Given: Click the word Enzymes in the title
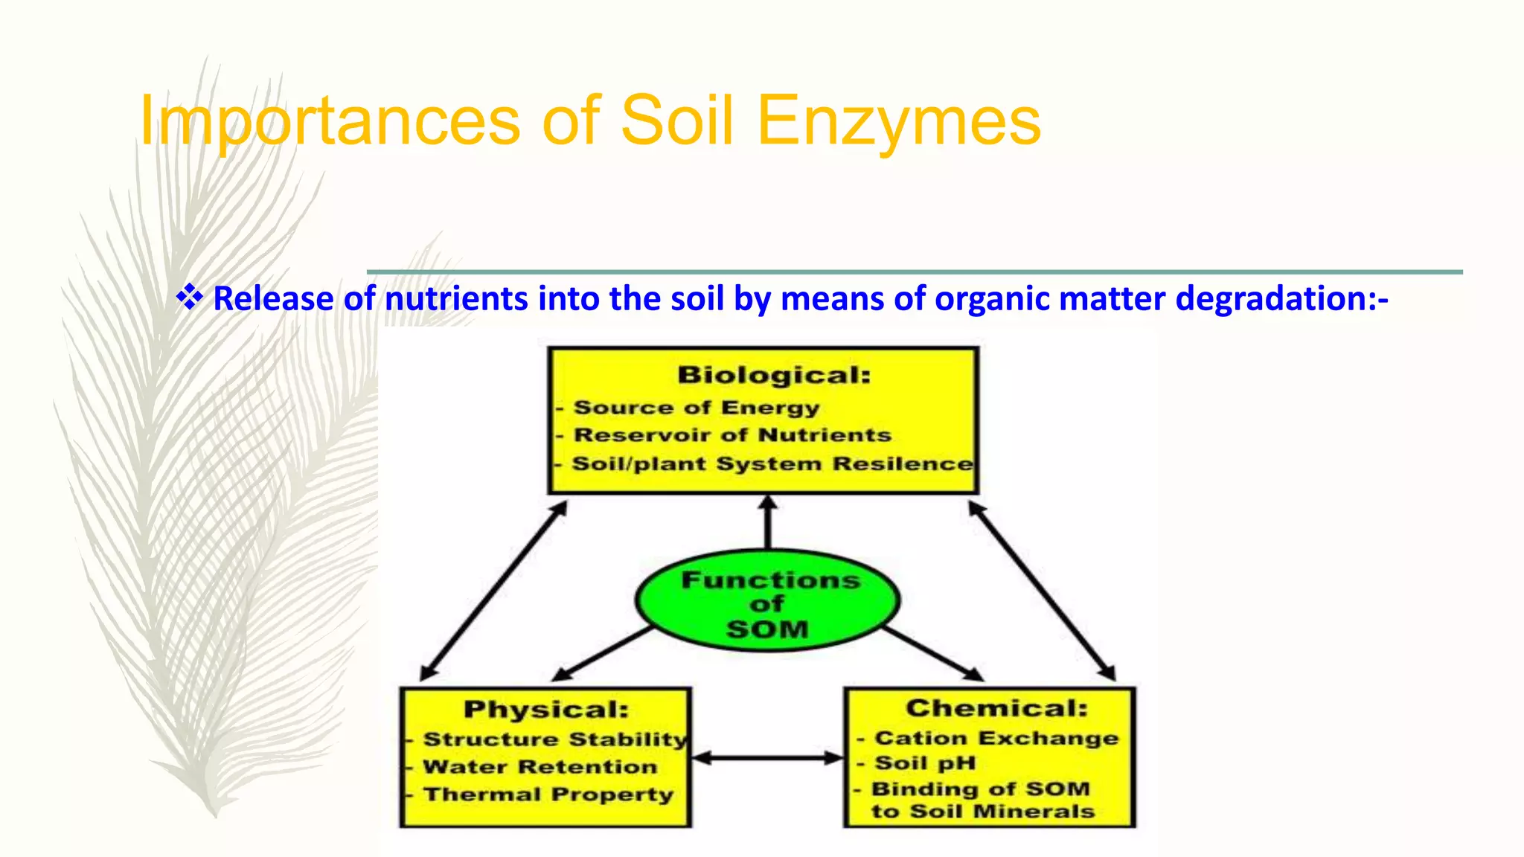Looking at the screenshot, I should (x=898, y=121).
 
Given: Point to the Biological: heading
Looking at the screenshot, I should (x=774, y=375).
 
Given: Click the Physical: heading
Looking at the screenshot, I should (x=546, y=709).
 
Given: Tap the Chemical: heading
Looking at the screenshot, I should (x=996, y=707).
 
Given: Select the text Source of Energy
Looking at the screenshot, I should (x=697, y=408).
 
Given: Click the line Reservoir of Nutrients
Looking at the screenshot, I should (x=732, y=435).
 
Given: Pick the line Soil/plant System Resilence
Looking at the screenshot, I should (x=772, y=463).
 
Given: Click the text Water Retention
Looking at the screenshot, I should (x=540, y=766).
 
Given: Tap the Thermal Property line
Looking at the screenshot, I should (x=548, y=795).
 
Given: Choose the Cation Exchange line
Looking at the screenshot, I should (x=996, y=738).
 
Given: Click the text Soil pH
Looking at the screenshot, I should (x=924, y=763).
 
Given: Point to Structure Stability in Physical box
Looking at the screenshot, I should (x=555, y=739).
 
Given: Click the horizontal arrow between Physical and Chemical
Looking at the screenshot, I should (x=768, y=758).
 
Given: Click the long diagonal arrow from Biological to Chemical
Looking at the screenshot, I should (x=1042, y=591).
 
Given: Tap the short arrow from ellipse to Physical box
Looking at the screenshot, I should (x=603, y=653).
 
